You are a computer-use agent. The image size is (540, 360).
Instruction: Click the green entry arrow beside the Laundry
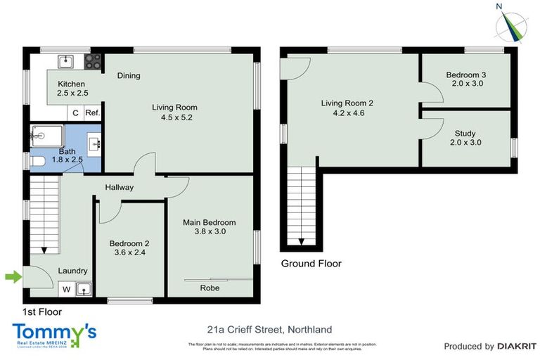pos(13,277)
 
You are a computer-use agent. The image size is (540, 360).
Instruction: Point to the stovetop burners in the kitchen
pos(93,61)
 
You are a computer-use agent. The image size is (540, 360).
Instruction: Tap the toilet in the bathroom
pos(38,162)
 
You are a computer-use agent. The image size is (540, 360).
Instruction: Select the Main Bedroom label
pos(209,227)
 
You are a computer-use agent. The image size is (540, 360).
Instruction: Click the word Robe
pos(210,288)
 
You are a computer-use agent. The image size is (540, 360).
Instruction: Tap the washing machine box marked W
pos(67,288)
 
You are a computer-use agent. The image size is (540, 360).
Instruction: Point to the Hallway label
pos(120,187)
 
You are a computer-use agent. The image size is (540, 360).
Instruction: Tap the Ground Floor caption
pos(311,264)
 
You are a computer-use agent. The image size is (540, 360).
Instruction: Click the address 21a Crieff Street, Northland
pos(269,329)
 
